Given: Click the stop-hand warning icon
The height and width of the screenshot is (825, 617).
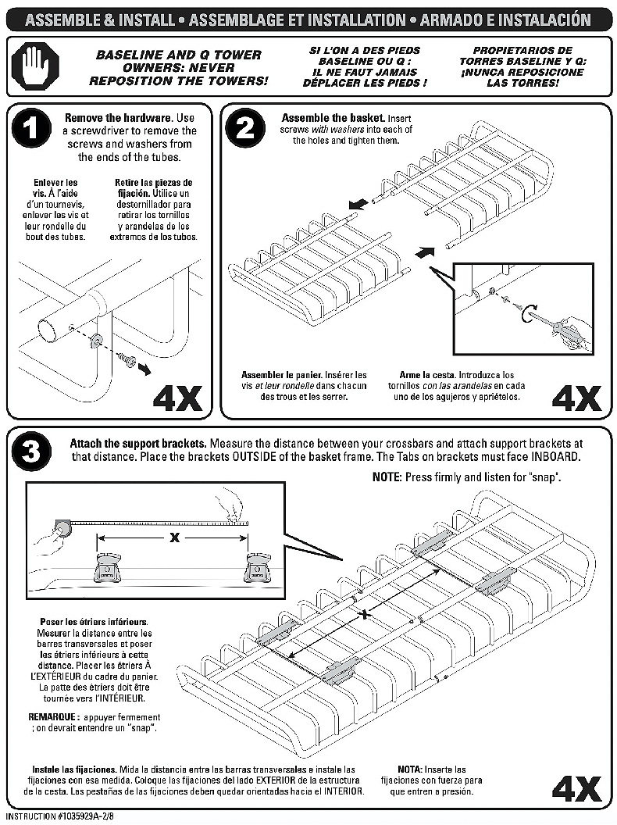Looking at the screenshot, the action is click(x=34, y=67).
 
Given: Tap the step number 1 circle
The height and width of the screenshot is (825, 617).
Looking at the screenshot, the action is click(x=31, y=128).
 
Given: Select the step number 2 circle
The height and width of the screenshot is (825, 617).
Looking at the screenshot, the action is click(x=244, y=129).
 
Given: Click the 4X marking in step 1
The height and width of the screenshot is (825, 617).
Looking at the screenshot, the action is click(x=177, y=398).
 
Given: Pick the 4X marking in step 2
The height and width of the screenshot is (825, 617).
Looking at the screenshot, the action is click(x=576, y=398).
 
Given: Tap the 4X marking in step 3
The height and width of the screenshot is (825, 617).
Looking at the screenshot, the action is click(x=576, y=789).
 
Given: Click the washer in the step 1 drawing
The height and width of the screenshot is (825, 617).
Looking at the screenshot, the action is click(x=97, y=341).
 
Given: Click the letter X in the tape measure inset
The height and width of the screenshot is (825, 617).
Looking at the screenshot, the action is click(x=176, y=537).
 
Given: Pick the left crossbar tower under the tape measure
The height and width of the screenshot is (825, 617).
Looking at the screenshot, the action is click(x=108, y=568).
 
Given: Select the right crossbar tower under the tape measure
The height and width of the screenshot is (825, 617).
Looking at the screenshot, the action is click(x=258, y=567).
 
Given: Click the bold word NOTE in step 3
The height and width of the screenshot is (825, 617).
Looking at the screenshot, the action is click(x=387, y=477).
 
